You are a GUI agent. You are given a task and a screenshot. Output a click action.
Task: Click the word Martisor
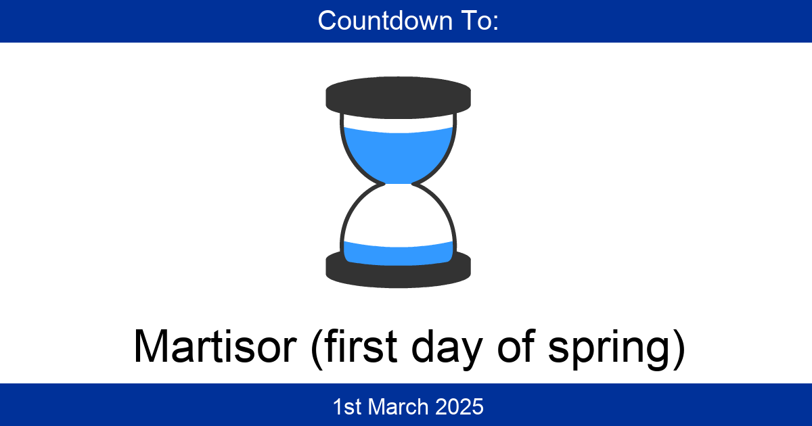(215, 347)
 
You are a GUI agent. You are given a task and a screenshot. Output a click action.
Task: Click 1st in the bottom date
(344, 406)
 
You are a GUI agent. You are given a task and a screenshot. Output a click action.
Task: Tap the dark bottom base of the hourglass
(398, 270)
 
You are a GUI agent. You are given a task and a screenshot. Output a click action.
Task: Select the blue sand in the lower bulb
(398, 252)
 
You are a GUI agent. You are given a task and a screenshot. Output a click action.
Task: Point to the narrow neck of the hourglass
(398, 184)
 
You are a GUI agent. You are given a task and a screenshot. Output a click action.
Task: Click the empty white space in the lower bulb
(398, 216)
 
